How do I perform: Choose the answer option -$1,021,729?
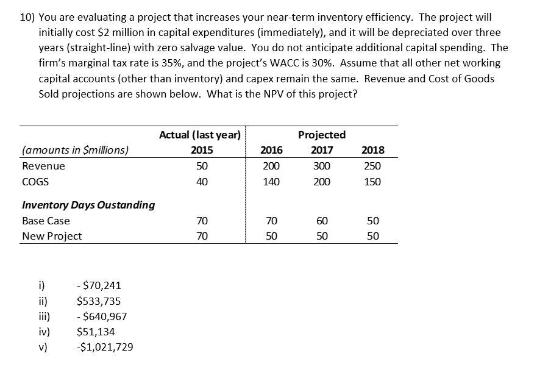105,347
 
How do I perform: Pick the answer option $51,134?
96,332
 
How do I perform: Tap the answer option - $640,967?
102,316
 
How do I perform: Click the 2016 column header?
271,151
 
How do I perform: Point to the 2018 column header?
372,151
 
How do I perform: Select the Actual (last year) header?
199,135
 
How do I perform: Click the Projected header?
322,135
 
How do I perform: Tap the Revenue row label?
43,166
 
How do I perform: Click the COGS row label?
35,182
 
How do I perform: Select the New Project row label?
52,236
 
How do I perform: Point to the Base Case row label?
46,221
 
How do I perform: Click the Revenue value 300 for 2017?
322,166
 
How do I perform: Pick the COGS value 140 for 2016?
271,182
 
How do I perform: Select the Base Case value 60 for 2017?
322,221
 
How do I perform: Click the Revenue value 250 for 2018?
372,166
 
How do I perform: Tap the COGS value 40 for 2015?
202,182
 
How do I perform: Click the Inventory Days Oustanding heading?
88,205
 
